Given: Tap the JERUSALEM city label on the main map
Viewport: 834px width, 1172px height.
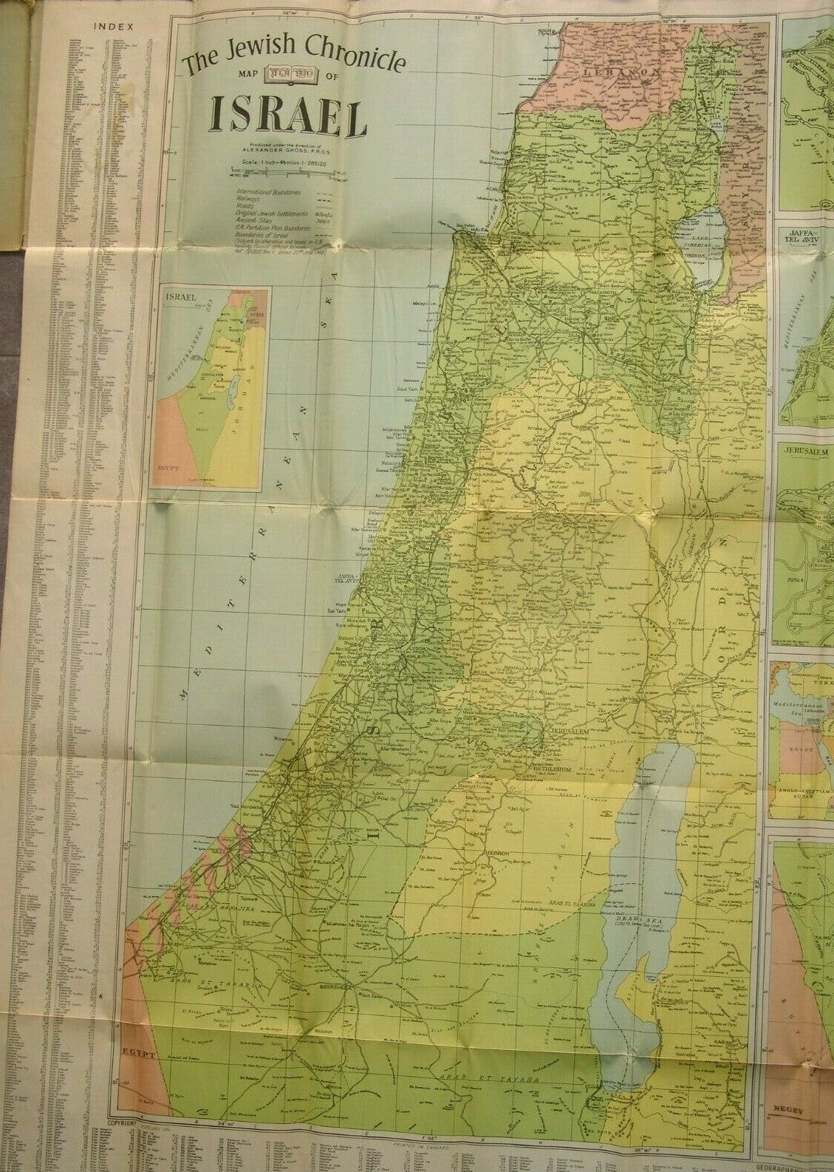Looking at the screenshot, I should (569, 731).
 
